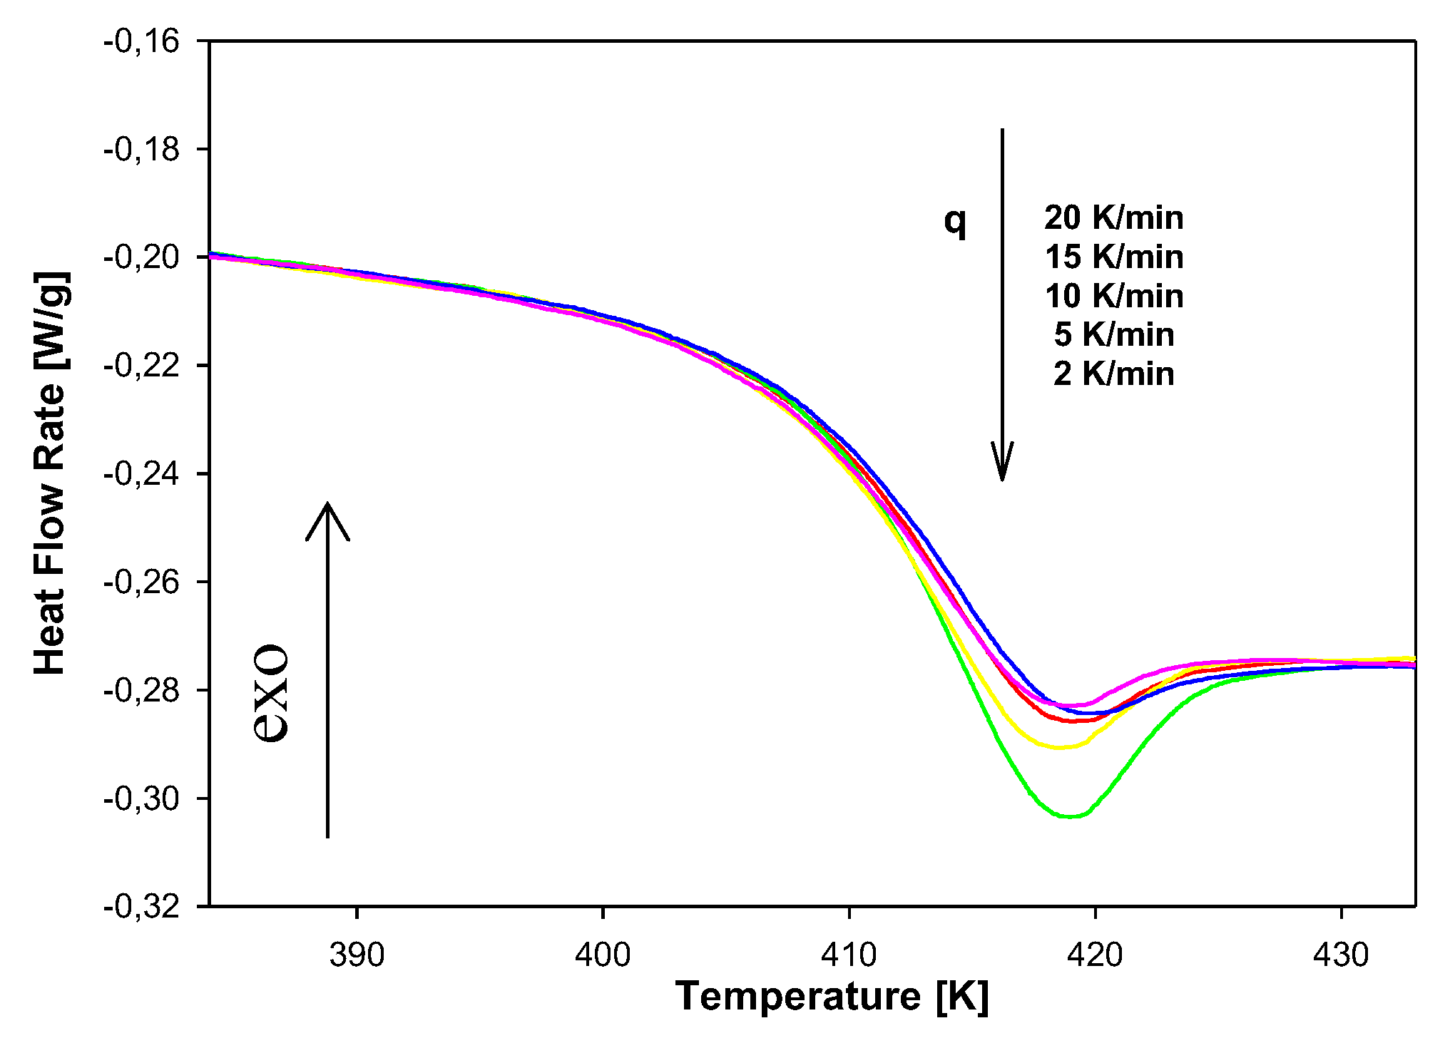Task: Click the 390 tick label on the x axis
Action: pos(357,955)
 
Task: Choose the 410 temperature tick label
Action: pos(849,955)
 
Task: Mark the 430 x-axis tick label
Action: pos(1341,955)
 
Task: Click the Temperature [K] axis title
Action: pos(832,996)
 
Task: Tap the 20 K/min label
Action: pos(1113,217)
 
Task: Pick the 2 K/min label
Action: pos(1113,374)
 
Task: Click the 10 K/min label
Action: pos(1113,296)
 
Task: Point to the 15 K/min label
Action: pos(1113,257)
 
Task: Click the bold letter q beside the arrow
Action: pos(955,221)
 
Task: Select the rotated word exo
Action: pos(272,694)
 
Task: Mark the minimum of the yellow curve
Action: pos(1059,747)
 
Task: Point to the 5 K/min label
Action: pos(1113,334)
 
